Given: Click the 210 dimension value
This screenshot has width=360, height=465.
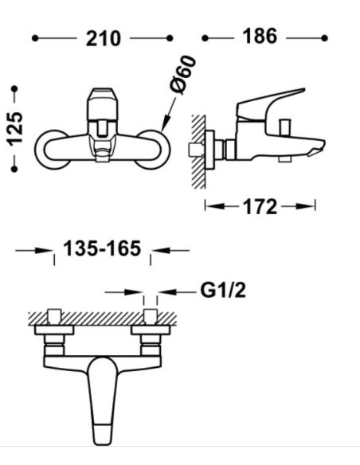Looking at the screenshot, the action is [x=104, y=38].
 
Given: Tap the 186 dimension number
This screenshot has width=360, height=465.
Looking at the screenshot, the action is [x=260, y=36].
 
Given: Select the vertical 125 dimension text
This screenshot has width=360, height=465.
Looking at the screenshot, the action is [x=15, y=129].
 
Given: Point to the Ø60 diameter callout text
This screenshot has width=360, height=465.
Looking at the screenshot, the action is [x=183, y=75].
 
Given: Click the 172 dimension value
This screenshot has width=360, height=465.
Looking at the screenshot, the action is [x=260, y=206].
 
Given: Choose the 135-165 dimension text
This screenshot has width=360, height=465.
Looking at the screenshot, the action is [x=102, y=248].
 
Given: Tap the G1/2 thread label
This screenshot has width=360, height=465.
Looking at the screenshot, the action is [x=223, y=290].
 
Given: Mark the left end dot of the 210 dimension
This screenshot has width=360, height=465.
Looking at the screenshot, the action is [x=35, y=38].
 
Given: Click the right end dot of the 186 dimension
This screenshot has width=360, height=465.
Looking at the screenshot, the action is [x=324, y=38].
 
